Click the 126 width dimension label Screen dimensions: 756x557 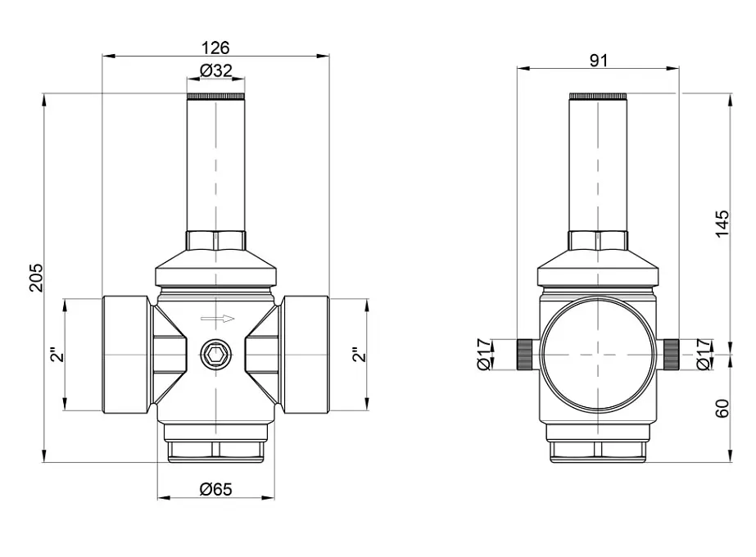click(x=215, y=48)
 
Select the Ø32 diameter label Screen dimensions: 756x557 click(x=215, y=71)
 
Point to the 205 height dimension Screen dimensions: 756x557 click(x=37, y=278)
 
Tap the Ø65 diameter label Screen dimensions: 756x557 click(x=215, y=489)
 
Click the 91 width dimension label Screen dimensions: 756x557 click(x=599, y=61)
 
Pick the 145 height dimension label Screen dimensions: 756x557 click(x=722, y=224)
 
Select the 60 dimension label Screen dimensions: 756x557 click(x=722, y=408)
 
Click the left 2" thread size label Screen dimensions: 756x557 click(x=57, y=355)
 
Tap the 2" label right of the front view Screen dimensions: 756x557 click(x=360, y=355)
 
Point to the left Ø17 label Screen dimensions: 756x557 click(x=484, y=355)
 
